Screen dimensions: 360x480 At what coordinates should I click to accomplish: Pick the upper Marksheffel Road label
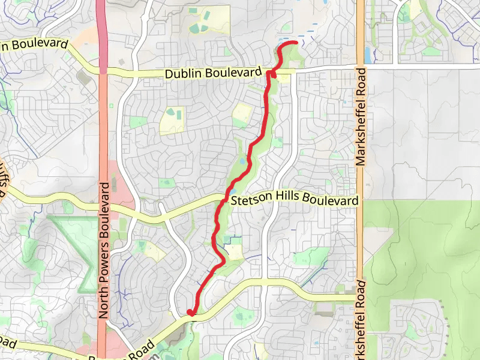tap(361, 116)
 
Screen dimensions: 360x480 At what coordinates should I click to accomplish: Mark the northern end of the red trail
tap(296, 43)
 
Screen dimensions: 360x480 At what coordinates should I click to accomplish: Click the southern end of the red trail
tap(190, 312)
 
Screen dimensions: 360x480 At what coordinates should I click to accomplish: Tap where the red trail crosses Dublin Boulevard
tap(269, 72)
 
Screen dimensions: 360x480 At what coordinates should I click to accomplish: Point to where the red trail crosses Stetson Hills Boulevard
tap(226, 200)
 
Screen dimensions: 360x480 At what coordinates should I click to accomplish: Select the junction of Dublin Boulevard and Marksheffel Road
tap(361, 67)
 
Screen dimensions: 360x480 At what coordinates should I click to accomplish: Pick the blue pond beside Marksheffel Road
tap(367, 55)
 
